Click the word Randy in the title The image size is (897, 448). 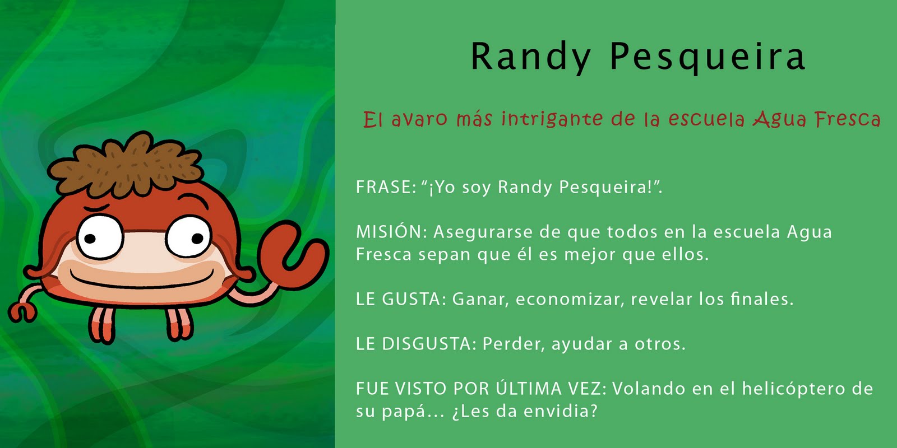530,57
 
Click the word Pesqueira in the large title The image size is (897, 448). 708,57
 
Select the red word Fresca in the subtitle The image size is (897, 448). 847,119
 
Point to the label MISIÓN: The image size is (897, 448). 392,232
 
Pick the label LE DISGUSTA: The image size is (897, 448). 416,344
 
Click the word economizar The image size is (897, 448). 570,300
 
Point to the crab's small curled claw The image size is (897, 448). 22,311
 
